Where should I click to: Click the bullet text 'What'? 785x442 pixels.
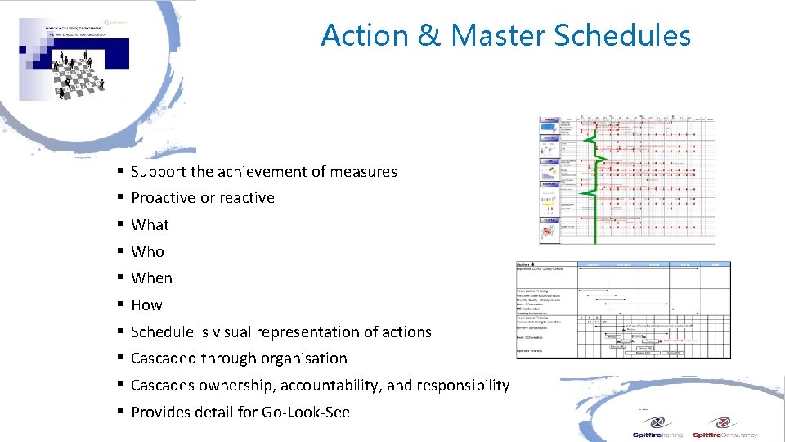pyautogui.click(x=150, y=224)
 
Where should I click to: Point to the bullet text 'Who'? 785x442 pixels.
pyautogui.click(x=147, y=251)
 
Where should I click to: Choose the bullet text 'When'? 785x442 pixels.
pyautogui.click(x=151, y=278)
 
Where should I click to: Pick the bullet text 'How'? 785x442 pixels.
pyautogui.click(x=146, y=304)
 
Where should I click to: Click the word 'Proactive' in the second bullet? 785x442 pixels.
pyautogui.click(x=162, y=198)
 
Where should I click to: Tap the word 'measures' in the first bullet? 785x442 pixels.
pyautogui.click(x=365, y=171)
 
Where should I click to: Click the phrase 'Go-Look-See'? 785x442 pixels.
pyautogui.click(x=306, y=412)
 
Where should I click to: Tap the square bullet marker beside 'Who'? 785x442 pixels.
pyautogui.click(x=119, y=251)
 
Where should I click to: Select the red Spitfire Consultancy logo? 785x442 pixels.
pyautogui.click(x=724, y=427)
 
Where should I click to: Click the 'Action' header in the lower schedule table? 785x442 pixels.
pyautogui.click(x=524, y=265)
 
